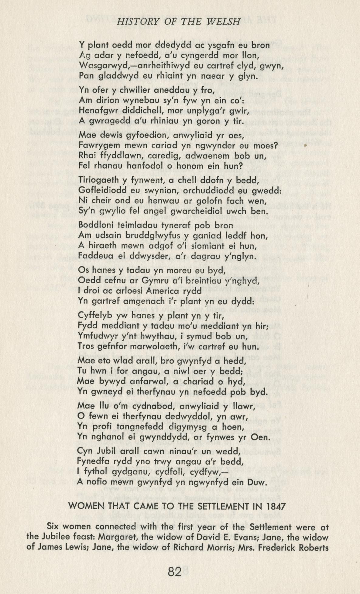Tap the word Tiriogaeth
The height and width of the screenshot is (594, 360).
pos(98,179)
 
